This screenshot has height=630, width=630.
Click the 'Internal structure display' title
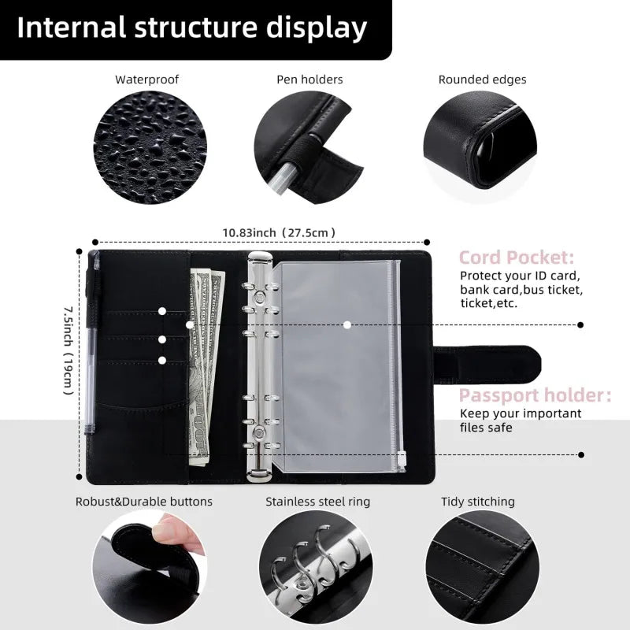coord(192,28)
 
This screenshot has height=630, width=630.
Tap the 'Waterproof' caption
coord(147,80)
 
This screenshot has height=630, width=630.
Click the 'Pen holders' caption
coord(309,80)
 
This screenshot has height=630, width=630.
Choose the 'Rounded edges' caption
coord(482,80)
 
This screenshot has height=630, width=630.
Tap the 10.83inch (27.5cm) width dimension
coord(280,232)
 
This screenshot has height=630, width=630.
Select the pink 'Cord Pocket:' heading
coord(517,258)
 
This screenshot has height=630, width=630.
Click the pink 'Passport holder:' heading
coord(535,395)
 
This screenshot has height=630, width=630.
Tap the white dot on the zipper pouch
coord(346,324)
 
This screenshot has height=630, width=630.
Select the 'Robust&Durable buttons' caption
coord(144,502)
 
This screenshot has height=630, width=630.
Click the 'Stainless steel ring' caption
coord(317,502)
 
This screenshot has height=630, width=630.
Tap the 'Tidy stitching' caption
coord(478,502)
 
